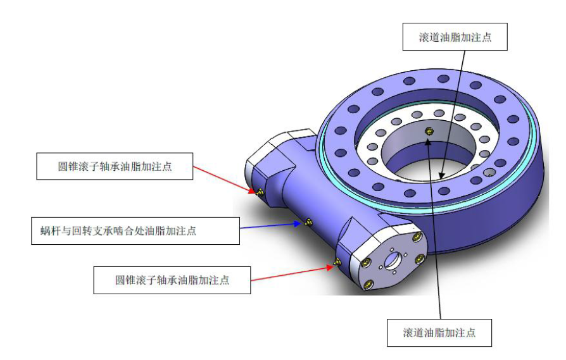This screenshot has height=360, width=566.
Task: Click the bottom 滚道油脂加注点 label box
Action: coord(439,332)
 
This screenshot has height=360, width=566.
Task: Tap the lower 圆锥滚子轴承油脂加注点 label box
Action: coord(172,280)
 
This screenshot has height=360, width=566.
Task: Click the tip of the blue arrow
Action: coord(301,223)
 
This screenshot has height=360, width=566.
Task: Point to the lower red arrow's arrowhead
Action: coord(331,266)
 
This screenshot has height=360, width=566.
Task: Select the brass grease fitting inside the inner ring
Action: coord(430,132)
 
